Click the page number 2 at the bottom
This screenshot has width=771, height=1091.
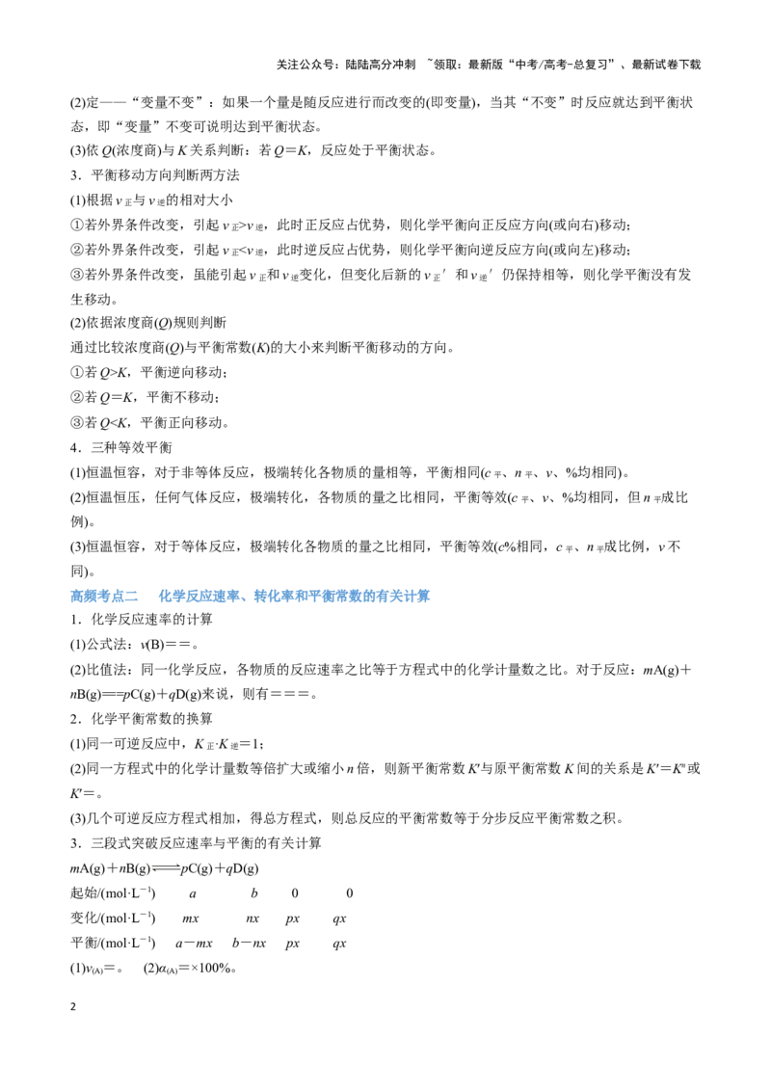pyautogui.click(x=73, y=1006)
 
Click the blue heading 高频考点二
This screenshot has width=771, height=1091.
pyautogui.click(x=104, y=596)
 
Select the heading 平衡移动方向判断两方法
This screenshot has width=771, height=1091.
pyautogui.click(x=165, y=174)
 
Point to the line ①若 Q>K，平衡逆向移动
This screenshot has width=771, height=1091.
pyautogui.click(x=149, y=372)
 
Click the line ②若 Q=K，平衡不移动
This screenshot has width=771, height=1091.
pyautogui.click(x=146, y=397)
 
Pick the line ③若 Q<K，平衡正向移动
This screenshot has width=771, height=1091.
pyautogui.click(x=149, y=422)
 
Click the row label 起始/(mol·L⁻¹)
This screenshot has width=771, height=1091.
pyautogui.click(x=113, y=892)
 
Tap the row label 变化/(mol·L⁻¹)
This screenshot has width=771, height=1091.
pyautogui.click(x=113, y=918)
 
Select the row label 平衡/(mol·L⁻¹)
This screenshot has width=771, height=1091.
pyautogui.click(x=113, y=943)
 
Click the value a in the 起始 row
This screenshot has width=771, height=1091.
pyautogui.click(x=193, y=894)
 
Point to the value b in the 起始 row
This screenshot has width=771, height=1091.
pyautogui.click(x=254, y=892)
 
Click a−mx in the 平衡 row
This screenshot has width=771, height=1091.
pyautogui.click(x=194, y=944)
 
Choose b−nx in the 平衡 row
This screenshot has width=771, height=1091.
pyautogui.click(x=249, y=943)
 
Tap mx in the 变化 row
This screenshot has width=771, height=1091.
pyautogui.click(x=191, y=919)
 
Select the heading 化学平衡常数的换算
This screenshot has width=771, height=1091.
pyautogui.click(x=151, y=718)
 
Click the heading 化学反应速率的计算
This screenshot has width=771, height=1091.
pyautogui.click(x=151, y=620)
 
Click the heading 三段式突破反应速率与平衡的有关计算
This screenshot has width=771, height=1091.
pyautogui.click(x=206, y=843)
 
